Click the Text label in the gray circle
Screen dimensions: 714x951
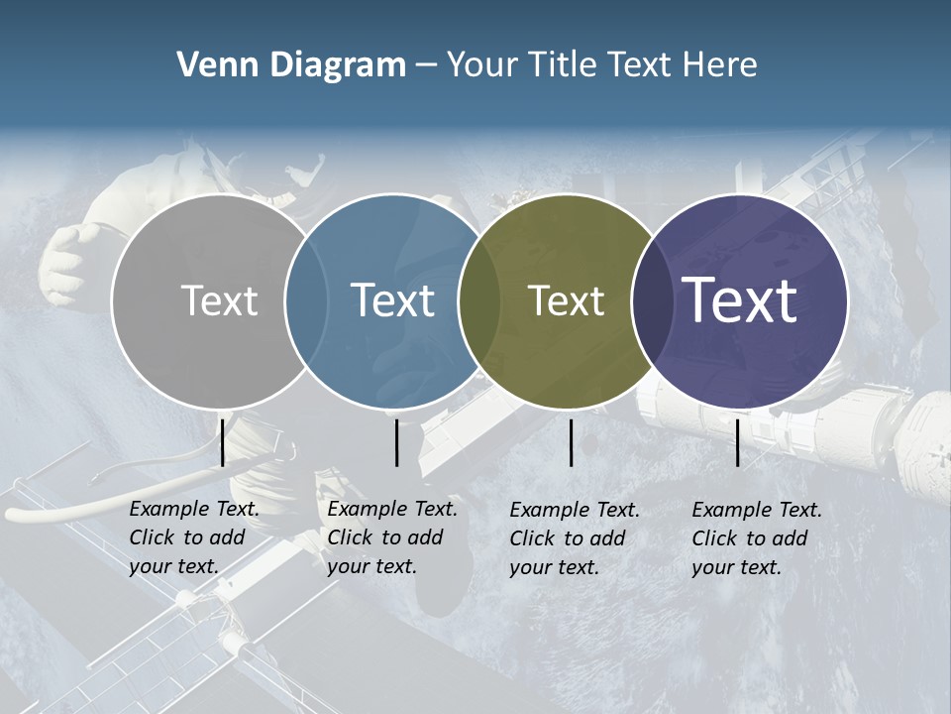pos(219,300)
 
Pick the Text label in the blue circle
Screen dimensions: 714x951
pos(392,300)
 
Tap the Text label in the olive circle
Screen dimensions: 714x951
pos(566,300)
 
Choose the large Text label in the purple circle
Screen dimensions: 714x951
pos(739,300)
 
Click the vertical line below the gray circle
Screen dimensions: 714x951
pos(222,442)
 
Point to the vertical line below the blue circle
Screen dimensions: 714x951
pos(396,442)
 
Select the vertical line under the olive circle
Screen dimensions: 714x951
pos(571,442)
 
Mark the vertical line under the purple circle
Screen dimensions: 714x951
pos(738,442)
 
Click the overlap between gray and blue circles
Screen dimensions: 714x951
pos(306,300)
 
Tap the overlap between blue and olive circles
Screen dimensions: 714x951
pos(479,300)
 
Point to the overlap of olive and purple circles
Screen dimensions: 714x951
pos(650,300)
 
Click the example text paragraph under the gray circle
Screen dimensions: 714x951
pos(193,537)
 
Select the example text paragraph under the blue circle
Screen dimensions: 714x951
pos(391,537)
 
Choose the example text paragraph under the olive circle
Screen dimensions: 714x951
pos(574,538)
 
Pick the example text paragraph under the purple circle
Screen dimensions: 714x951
pos(756,538)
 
